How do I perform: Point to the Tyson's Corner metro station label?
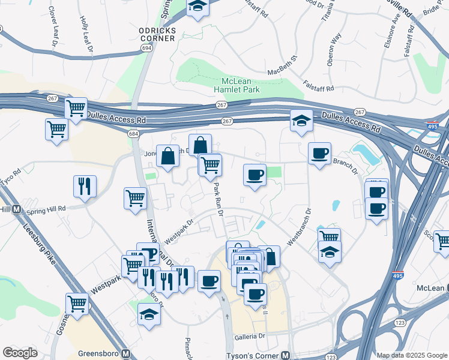pos(258,355)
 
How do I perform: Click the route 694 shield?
pos(146,47)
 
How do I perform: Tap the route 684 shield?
pos(133,133)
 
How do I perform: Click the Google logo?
pos(20,353)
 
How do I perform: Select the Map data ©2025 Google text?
pos(412,355)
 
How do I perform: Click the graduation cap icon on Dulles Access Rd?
pos(301,121)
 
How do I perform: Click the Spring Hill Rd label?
pos(46,209)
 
